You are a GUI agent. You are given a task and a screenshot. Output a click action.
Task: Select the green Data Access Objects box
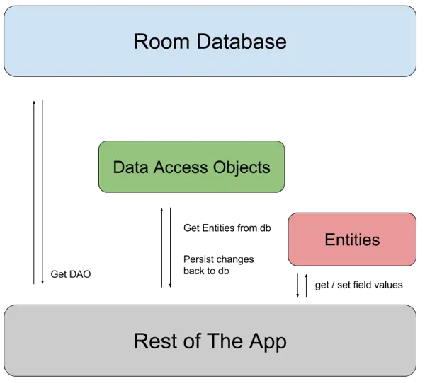[x=191, y=167]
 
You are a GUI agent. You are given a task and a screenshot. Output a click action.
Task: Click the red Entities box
[x=351, y=240]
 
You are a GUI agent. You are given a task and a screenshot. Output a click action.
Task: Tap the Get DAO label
[x=71, y=274]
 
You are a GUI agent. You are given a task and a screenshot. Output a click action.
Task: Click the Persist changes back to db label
[x=217, y=265]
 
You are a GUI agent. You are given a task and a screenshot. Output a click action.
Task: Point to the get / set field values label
[x=358, y=285]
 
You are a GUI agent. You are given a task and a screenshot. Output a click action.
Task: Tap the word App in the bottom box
[x=267, y=341]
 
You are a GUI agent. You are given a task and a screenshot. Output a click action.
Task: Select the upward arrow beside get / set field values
[x=307, y=286]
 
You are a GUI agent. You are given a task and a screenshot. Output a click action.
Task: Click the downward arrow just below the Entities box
[x=298, y=286]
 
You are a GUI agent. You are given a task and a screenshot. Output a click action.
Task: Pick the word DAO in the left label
[x=80, y=274]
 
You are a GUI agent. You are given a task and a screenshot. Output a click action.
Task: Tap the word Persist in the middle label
[x=196, y=259]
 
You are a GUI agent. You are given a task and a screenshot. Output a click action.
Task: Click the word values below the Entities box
[x=388, y=285]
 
